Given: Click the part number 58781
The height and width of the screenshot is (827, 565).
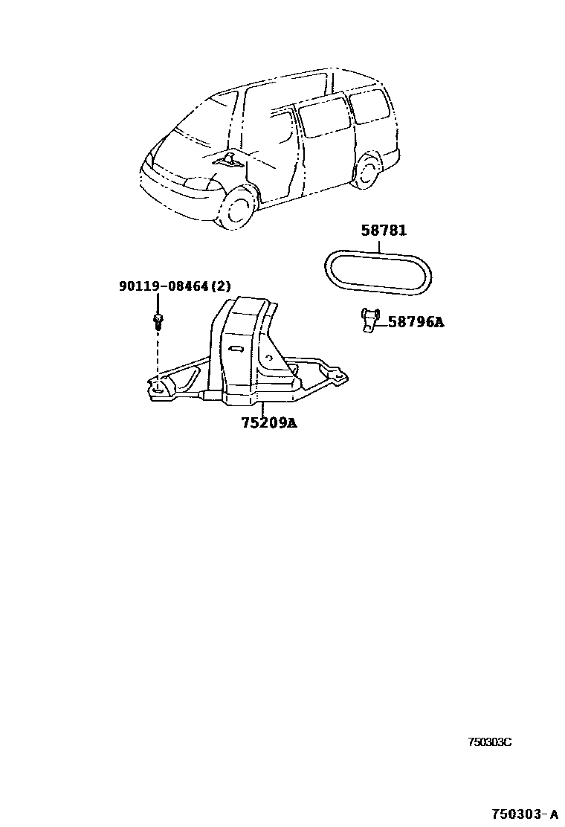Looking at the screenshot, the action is [384, 231].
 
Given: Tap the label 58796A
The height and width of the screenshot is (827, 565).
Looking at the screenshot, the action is [416, 322].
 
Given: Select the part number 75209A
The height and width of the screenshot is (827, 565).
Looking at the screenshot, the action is [268, 423].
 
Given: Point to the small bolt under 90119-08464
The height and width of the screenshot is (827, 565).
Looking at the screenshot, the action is [158, 321].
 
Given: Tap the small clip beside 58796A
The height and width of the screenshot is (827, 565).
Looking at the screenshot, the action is [367, 320].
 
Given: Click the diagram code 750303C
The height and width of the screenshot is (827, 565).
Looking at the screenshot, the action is [489, 742].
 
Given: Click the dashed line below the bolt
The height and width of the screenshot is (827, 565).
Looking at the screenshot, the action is [158, 353].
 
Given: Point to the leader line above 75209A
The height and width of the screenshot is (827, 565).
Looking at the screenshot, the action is [261, 409].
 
